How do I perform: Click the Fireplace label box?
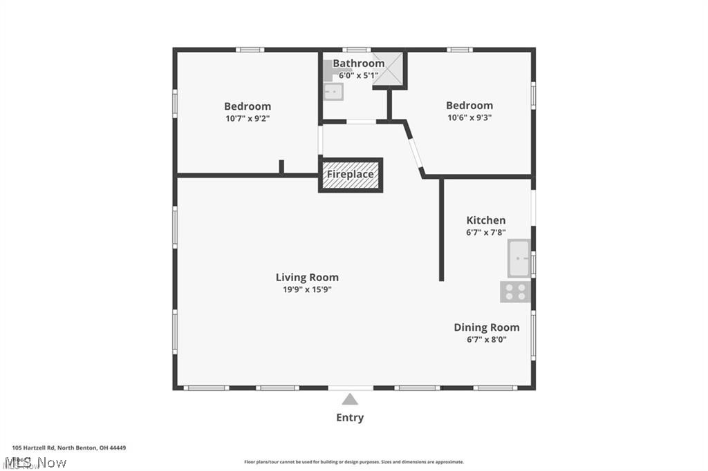pyautogui.click(x=351, y=175)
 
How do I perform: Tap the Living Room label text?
pyautogui.click(x=307, y=278)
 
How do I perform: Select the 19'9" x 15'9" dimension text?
pyautogui.click(x=307, y=289)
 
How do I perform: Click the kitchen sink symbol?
pyautogui.click(x=519, y=258)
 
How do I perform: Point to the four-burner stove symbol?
pyautogui.click(x=515, y=291)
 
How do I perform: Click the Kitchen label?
pyautogui.click(x=485, y=220)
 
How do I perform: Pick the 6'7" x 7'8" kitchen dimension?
pyautogui.click(x=485, y=233)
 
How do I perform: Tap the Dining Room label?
pyautogui.click(x=486, y=327)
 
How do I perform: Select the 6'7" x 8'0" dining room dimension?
pyautogui.click(x=486, y=339)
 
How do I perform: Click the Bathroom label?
pyautogui.click(x=358, y=64)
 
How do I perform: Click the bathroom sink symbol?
pyautogui.click(x=333, y=91)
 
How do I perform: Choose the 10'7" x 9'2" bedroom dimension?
pyautogui.click(x=247, y=118)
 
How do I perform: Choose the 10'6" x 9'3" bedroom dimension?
pyautogui.click(x=469, y=117)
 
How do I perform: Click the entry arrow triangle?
pyautogui.click(x=350, y=399)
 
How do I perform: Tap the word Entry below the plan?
pyautogui.click(x=350, y=417)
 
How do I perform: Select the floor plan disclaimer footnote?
pyautogui.click(x=353, y=462)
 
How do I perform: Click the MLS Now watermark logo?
pyautogui.click(x=35, y=462)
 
